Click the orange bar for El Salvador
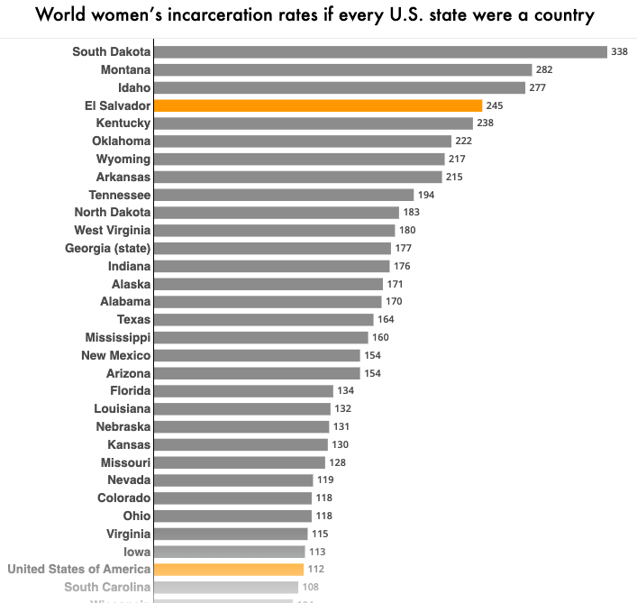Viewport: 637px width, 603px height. click(x=318, y=105)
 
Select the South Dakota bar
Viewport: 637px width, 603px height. click(x=380, y=52)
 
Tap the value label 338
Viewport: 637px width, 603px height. click(x=619, y=52)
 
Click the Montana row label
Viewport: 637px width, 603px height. click(x=125, y=69)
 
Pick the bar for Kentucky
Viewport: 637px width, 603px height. click(x=314, y=123)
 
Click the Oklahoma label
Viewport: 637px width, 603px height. click(x=121, y=141)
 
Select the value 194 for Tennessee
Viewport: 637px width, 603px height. click(x=425, y=195)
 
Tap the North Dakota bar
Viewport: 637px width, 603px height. click(x=277, y=213)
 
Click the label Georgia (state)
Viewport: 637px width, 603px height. click(x=107, y=248)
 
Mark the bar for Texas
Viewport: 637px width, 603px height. click(x=264, y=319)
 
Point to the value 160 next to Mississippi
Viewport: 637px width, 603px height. click(x=380, y=337)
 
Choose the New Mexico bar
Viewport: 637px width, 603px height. click(x=258, y=355)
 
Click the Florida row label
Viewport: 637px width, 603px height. click(x=130, y=390)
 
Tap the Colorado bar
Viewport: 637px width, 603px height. click(x=233, y=498)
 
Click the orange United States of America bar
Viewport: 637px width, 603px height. click(x=229, y=570)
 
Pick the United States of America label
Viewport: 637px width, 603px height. click(x=78, y=569)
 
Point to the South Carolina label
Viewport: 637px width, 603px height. click(x=107, y=587)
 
